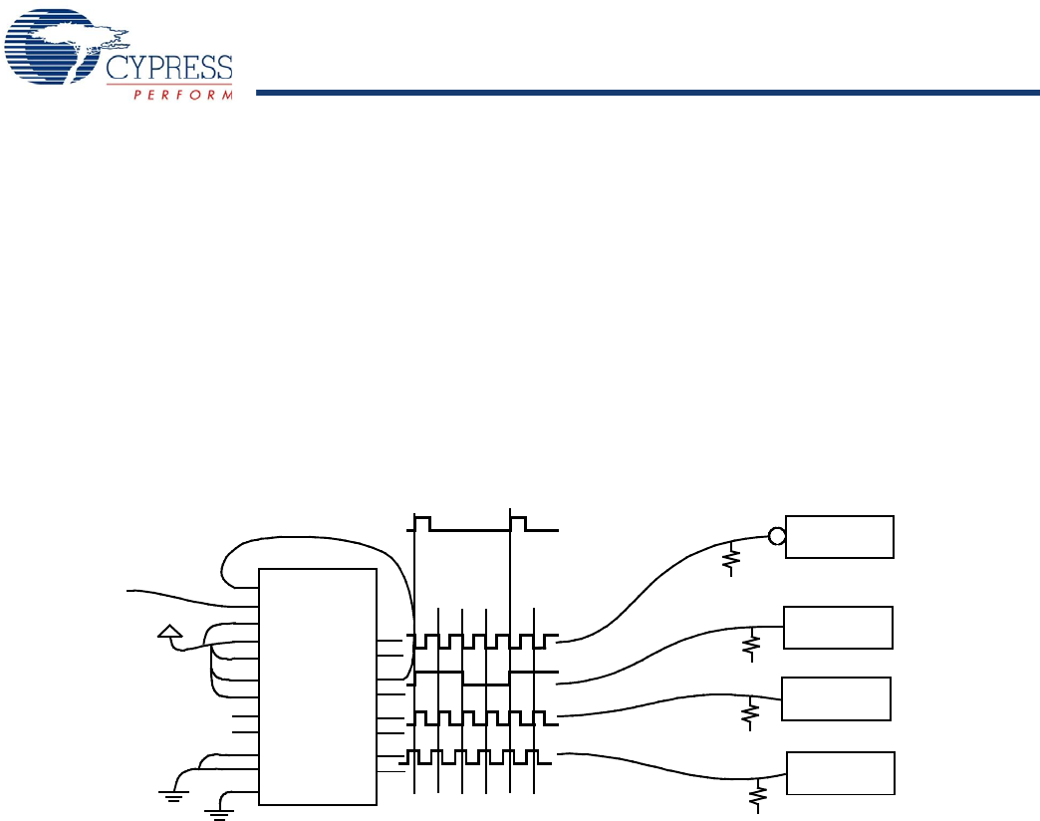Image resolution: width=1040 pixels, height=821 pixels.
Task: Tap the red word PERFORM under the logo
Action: coord(183,95)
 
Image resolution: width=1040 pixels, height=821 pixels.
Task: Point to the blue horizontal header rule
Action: coord(648,94)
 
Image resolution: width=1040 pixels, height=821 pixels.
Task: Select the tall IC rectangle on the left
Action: coord(318,685)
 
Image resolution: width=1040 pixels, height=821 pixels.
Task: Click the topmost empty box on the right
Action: coord(840,537)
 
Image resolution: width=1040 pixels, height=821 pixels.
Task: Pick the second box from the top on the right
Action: coord(838,626)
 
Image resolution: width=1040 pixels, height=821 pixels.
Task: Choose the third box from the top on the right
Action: coord(836,697)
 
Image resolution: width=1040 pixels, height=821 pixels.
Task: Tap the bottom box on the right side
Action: coord(841,773)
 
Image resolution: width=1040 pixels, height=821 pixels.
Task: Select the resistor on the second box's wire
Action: coord(752,645)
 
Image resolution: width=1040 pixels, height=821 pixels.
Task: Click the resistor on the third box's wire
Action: coord(753,713)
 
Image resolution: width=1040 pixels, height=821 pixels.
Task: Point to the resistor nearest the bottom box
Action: coord(760,795)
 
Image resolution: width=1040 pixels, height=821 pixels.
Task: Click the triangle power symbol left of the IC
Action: coord(170,630)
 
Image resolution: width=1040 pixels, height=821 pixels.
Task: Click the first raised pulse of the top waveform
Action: coord(422,522)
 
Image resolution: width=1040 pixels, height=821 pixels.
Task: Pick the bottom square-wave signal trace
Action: coord(482,757)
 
